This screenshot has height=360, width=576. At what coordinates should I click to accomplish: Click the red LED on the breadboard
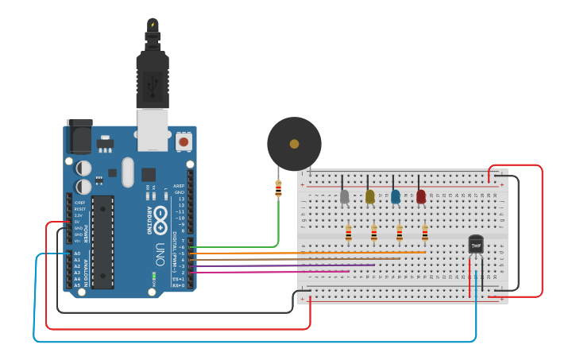[x=421, y=196]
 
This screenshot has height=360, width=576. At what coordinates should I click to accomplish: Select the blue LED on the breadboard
[x=396, y=196]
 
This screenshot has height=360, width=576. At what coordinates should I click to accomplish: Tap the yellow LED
[x=369, y=196]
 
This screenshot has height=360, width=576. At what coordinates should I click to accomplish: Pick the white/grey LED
[x=344, y=196]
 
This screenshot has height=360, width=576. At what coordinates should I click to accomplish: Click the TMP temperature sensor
[x=476, y=245]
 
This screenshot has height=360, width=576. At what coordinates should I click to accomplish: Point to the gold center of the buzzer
[x=294, y=144]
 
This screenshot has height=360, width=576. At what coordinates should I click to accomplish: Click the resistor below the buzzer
[x=278, y=189]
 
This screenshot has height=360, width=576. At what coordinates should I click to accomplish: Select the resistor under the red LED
[x=424, y=232]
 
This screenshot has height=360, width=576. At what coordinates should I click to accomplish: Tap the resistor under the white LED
[x=348, y=232]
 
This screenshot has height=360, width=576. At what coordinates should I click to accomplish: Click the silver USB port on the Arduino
[x=153, y=129]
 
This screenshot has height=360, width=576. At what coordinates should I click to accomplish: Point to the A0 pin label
[x=77, y=254]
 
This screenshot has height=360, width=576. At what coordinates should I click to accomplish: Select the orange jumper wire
[x=318, y=253]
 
